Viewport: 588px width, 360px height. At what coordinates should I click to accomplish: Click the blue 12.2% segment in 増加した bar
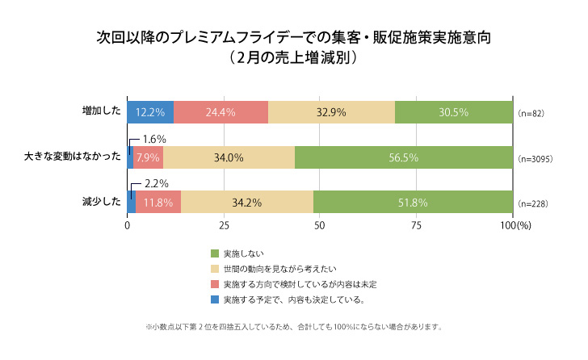[x=150, y=112]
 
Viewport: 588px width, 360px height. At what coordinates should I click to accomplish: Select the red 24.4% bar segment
[x=220, y=112]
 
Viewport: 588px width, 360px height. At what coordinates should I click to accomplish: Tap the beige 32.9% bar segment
[x=331, y=112]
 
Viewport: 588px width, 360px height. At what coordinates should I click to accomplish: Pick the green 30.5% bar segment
[x=453, y=112]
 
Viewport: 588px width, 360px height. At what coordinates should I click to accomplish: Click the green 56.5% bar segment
[x=403, y=157]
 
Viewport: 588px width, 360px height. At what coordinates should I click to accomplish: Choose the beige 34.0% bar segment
[x=229, y=157]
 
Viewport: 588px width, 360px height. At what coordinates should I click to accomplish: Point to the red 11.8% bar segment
[x=158, y=202]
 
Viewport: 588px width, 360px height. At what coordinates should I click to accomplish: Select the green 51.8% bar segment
[x=413, y=202]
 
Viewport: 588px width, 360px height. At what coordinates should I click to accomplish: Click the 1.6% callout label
[x=154, y=140]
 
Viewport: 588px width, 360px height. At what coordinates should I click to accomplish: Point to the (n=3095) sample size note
[x=535, y=159]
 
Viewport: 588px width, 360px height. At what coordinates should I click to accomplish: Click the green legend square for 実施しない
[x=215, y=253]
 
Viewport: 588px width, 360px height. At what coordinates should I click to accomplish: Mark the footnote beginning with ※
[x=293, y=327]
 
